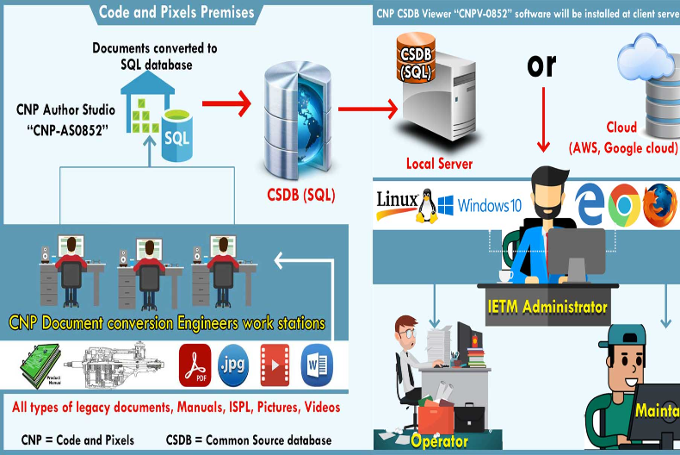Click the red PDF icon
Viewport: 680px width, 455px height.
tap(195, 365)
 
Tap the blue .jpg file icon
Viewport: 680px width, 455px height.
tap(235, 365)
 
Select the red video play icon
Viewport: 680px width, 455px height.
tap(275, 365)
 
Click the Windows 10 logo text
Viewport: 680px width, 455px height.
tap(480, 206)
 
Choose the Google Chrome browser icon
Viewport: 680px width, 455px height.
tap(623, 205)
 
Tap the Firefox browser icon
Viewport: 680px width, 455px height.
tap(660, 204)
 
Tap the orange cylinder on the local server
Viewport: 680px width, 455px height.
tap(416, 59)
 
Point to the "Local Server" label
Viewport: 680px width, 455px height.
tap(440, 163)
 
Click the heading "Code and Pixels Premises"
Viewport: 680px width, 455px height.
tap(176, 12)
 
